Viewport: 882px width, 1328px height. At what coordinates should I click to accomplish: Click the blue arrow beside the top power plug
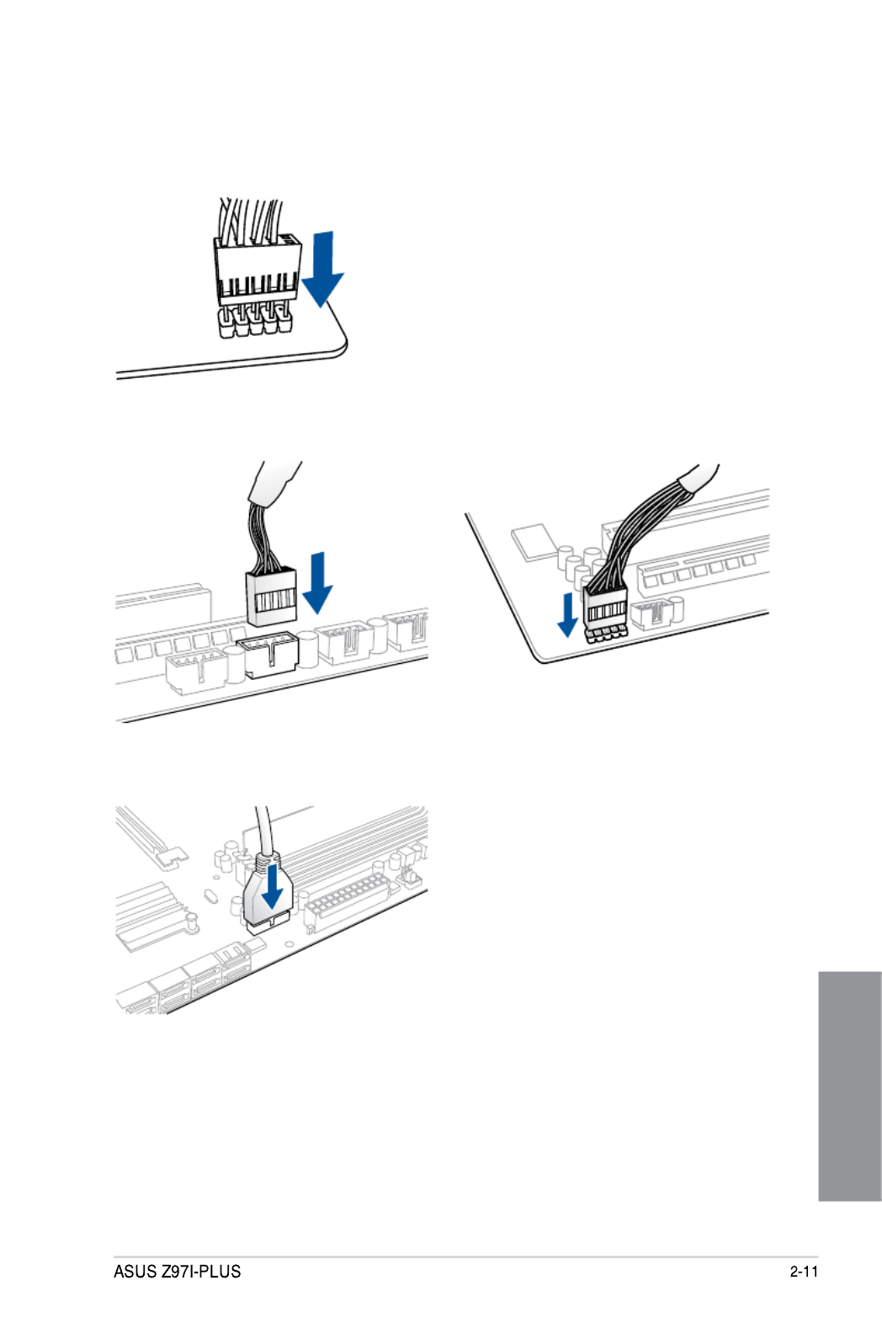323,269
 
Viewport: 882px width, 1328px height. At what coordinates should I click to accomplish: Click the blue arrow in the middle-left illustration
318,582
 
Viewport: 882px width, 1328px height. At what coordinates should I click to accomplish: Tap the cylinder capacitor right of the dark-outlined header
307,649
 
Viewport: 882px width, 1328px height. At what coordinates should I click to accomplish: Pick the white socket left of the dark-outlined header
196,671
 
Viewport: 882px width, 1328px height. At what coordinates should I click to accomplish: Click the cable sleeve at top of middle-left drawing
274,483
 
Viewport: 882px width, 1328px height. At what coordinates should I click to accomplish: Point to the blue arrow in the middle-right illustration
568,615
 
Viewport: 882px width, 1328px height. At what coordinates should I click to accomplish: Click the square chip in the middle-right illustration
535,541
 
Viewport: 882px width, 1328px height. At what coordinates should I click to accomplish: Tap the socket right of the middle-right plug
651,614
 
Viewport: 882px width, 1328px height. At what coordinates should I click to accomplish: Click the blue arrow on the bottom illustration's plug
272,885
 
